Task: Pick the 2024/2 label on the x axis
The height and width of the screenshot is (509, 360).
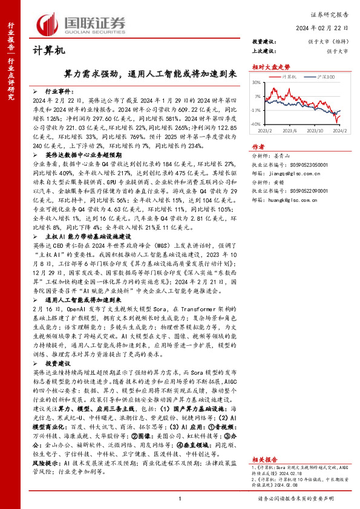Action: (x=339, y=130)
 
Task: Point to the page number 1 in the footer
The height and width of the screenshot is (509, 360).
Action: (x=180, y=498)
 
